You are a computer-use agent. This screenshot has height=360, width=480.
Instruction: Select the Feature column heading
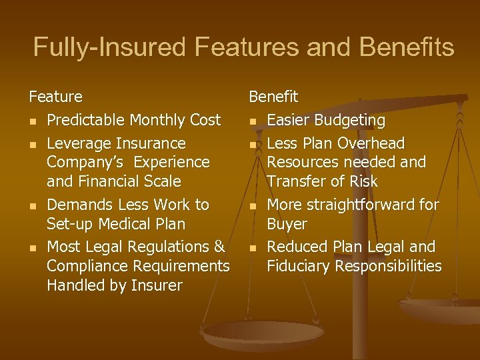click(x=56, y=97)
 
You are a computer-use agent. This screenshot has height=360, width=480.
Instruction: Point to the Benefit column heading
click(x=273, y=97)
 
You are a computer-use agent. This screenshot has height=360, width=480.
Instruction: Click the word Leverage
click(x=79, y=144)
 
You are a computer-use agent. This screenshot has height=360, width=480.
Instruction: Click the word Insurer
click(x=156, y=286)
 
